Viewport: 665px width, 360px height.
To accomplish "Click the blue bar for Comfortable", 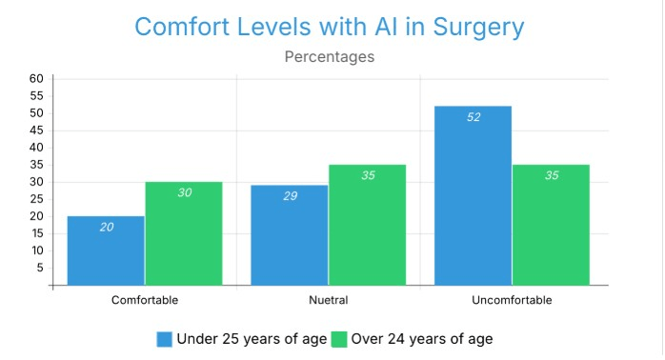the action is (106, 250).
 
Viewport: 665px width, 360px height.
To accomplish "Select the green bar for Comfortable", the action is (184, 233).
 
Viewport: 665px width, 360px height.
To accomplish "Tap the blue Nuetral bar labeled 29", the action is (290, 235).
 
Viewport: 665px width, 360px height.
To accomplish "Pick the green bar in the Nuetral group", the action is (368, 225).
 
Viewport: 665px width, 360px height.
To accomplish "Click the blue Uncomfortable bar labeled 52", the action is (473, 195).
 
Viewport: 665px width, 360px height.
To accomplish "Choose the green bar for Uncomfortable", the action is (551, 225).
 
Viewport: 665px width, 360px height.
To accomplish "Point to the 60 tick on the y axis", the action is (36, 78).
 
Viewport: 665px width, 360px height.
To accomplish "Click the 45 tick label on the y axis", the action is (36, 130).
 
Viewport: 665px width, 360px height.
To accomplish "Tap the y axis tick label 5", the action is (40, 268).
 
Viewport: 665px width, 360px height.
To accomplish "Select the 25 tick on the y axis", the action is (36, 199).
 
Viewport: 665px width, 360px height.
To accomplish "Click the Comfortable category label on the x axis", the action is (145, 300).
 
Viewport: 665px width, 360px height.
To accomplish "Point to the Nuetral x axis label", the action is (329, 300).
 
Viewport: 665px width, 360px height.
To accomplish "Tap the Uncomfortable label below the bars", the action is (512, 300).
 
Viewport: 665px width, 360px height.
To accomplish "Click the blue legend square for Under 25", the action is (165, 339).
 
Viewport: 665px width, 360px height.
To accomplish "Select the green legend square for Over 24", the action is (339, 339).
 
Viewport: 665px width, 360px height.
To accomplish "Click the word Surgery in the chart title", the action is (478, 28).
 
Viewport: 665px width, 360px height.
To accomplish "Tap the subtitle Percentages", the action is (330, 57).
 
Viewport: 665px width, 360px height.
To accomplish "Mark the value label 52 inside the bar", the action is (474, 117).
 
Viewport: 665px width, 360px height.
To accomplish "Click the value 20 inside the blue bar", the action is (107, 228).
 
